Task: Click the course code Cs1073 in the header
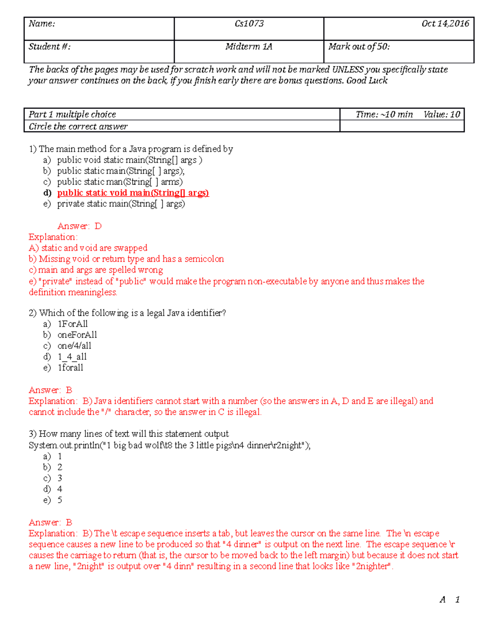[249, 24]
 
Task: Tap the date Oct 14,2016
[445, 24]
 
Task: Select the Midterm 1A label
[249, 47]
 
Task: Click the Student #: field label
[49, 47]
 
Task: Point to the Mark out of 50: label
[359, 47]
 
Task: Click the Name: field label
[42, 24]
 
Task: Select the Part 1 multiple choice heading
[72, 115]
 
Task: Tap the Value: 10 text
[441, 115]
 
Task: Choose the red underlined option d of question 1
[133, 193]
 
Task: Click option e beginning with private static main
[121, 204]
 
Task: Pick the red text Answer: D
[79, 226]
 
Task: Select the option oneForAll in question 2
[77, 335]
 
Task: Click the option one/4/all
[74, 346]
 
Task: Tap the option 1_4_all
[72, 357]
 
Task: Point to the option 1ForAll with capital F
[73, 324]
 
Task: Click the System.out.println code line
[169, 446]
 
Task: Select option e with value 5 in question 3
[59, 500]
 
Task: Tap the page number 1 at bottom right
[457, 600]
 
